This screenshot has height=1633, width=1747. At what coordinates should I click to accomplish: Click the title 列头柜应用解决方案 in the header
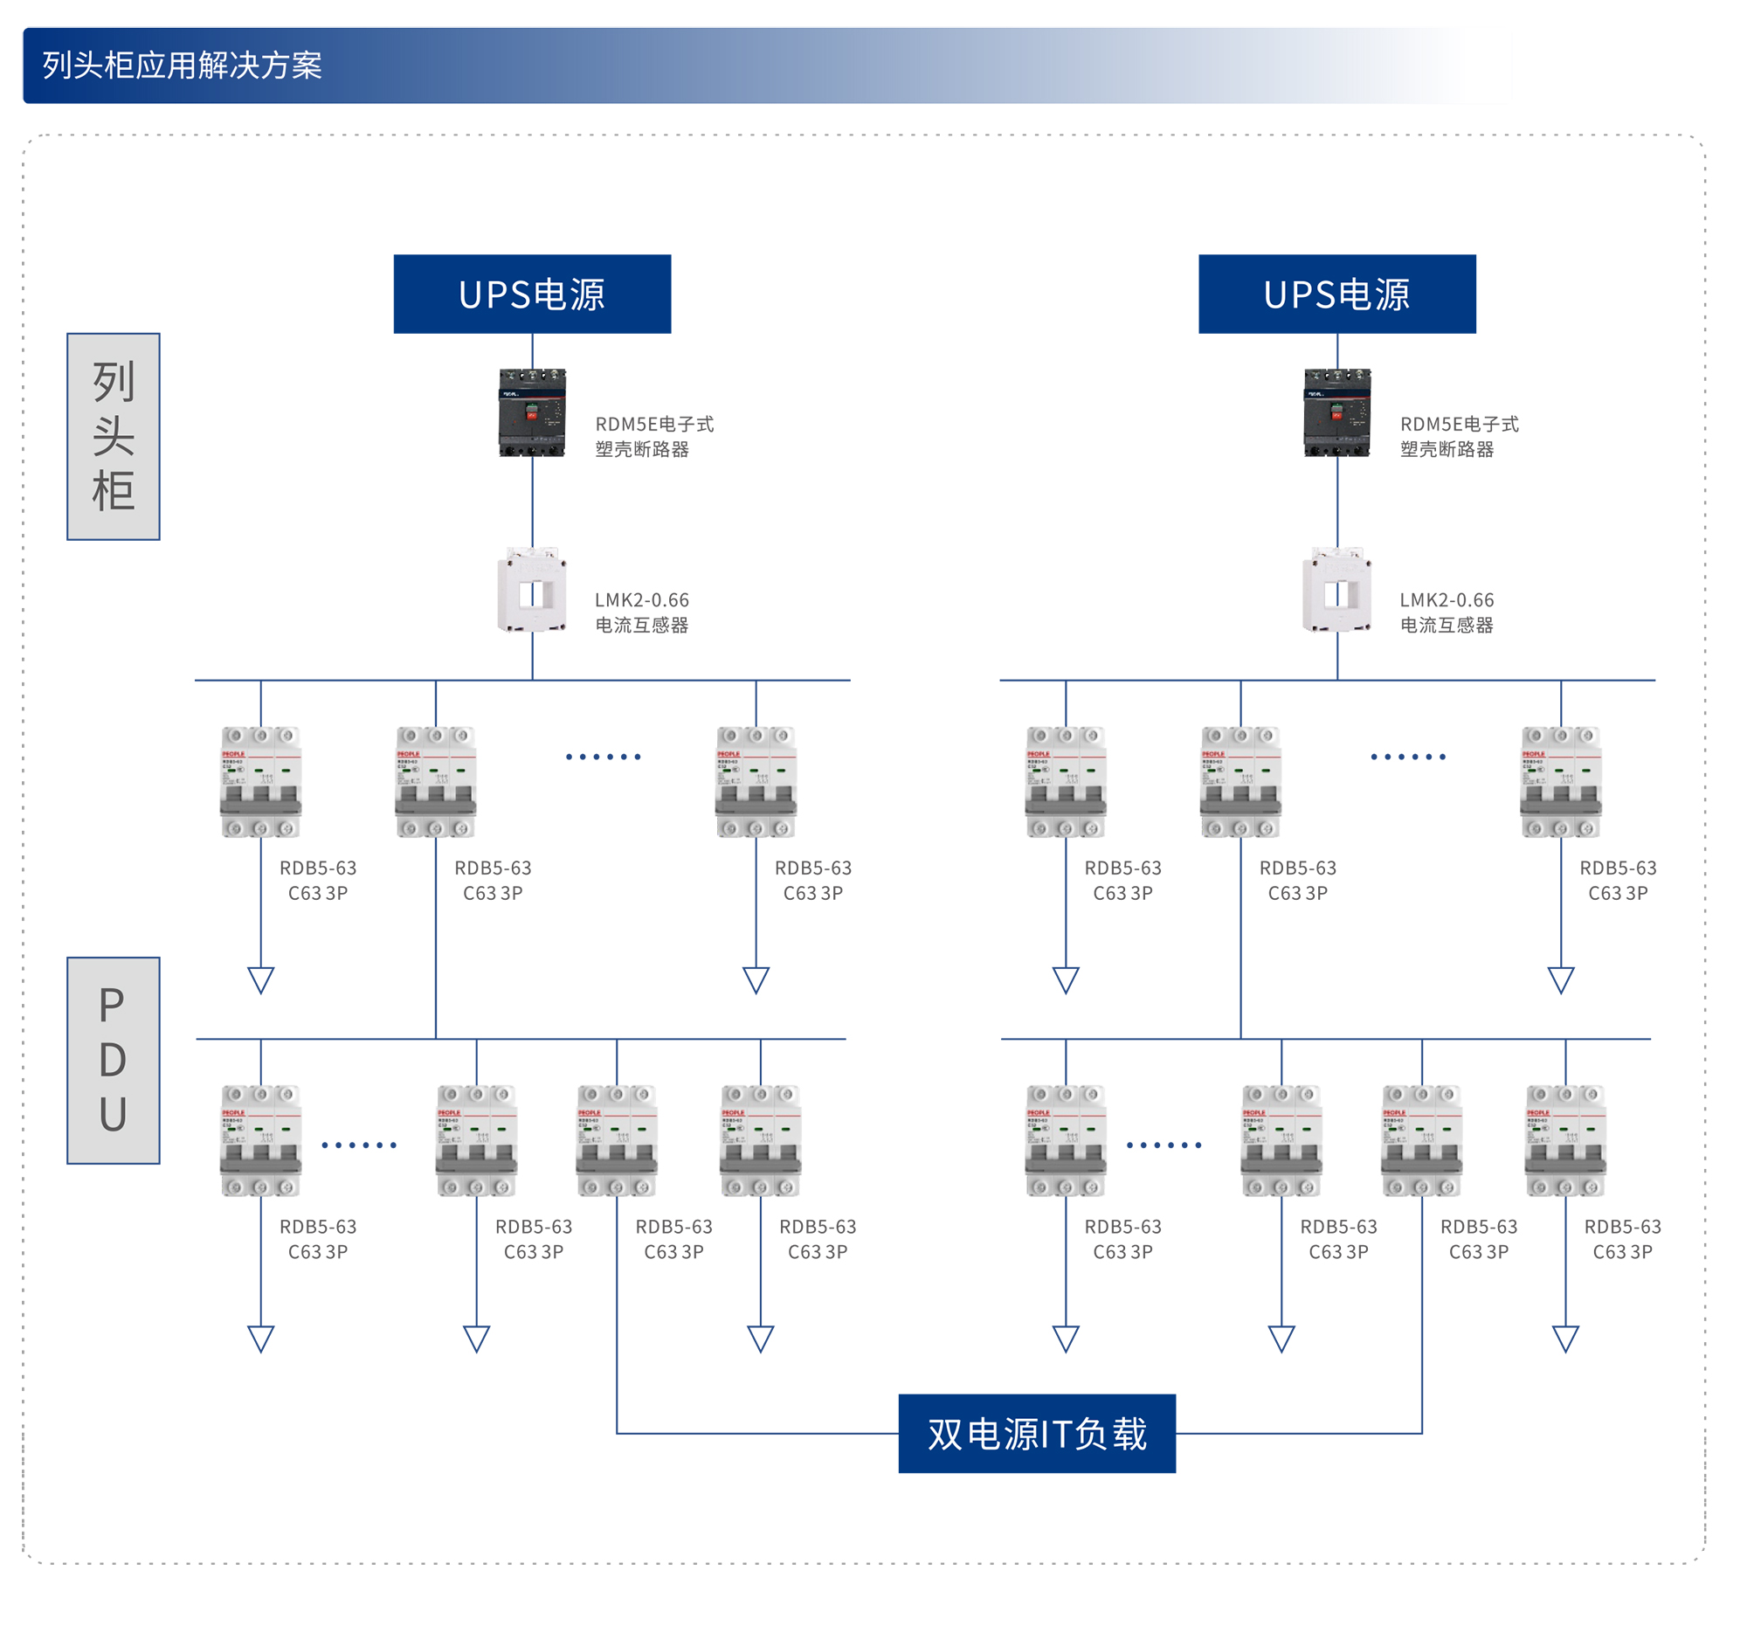click(x=182, y=65)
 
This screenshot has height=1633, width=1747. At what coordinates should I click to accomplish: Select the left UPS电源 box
click(x=532, y=294)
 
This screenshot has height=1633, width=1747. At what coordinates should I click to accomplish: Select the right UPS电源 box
click(x=1336, y=294)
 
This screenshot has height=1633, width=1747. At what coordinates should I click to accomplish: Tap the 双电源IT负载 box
click(x=1036, y=1434)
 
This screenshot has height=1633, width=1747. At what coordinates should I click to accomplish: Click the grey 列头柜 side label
click(x=114, y=437)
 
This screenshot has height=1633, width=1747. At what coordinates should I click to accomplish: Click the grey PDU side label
click(x=114, y=1060)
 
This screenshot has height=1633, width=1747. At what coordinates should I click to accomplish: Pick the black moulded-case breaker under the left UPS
click(x=532, y=412)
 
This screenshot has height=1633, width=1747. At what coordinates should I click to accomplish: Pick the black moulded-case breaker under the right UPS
click(x=1336, y=412)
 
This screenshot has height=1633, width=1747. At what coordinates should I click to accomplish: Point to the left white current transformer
click(x=532, y=590)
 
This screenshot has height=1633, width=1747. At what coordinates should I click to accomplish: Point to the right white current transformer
click(x=1336, y=590)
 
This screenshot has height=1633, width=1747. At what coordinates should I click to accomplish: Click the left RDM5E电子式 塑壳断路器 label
click(x=653, y=437)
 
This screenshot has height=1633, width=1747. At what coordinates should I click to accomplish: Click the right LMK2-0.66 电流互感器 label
click(x=1447, y=612)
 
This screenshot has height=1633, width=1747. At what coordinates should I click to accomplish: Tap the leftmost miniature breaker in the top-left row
click(x=261, y=781)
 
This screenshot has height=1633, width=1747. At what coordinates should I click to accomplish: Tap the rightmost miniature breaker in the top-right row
click(x=1561, y=781)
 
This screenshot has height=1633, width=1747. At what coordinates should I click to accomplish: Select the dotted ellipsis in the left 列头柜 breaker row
click(x=603, y=757)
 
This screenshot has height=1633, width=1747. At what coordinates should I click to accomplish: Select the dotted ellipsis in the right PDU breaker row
click(x=1164, y=1145)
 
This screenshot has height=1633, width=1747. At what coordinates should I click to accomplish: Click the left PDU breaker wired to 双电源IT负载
click(x=617, y=1141)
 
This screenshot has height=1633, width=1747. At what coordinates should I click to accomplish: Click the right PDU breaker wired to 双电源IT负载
click(x=1421, y=1141)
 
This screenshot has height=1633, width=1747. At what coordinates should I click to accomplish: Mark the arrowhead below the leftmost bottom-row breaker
click(x=261, y=1338)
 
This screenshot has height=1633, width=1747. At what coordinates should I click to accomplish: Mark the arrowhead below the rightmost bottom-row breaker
click(x=1565, y=1338)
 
